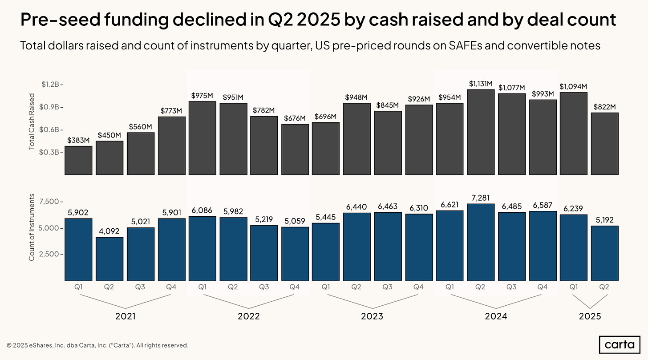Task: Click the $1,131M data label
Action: point(480,84)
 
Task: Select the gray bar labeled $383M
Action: point(78,160)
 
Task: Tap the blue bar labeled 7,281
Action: point(480,242)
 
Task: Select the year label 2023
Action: point(372,316)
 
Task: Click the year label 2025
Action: point(590,316)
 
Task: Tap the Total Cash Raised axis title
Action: point(32,121)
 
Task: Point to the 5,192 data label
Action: point(605,219)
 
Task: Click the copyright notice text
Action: point(97,345)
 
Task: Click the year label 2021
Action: point(125,316)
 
